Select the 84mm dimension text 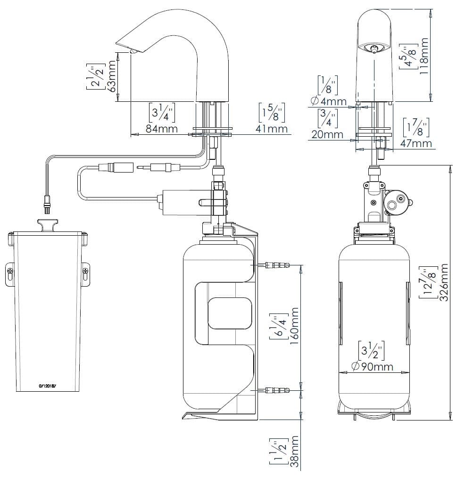click(x=162, y=129)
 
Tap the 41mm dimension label click(x=272, y=129)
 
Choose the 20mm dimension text click(x=327, y=135)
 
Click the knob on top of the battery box click(x=47, y=224)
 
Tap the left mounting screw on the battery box click(x=10, y=270)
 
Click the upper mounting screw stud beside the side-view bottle click(x=276, y=265)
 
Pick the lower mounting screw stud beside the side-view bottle click(x=276, y=390)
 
